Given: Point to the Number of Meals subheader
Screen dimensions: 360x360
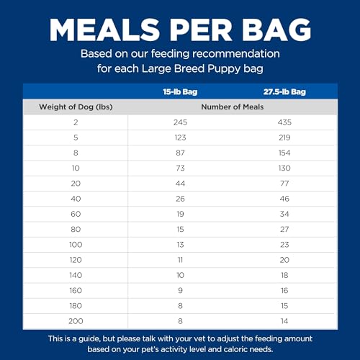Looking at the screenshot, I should click(231, 107).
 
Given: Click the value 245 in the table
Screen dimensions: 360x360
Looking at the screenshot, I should click(180, 122).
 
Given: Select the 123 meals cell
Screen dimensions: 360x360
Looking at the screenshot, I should click(180, 138).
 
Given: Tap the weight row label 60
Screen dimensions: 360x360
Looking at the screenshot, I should click(75, 213).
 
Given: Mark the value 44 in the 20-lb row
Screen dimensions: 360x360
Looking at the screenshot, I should click(180, 183).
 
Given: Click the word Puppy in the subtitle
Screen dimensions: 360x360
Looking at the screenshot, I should click(223, 69).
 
